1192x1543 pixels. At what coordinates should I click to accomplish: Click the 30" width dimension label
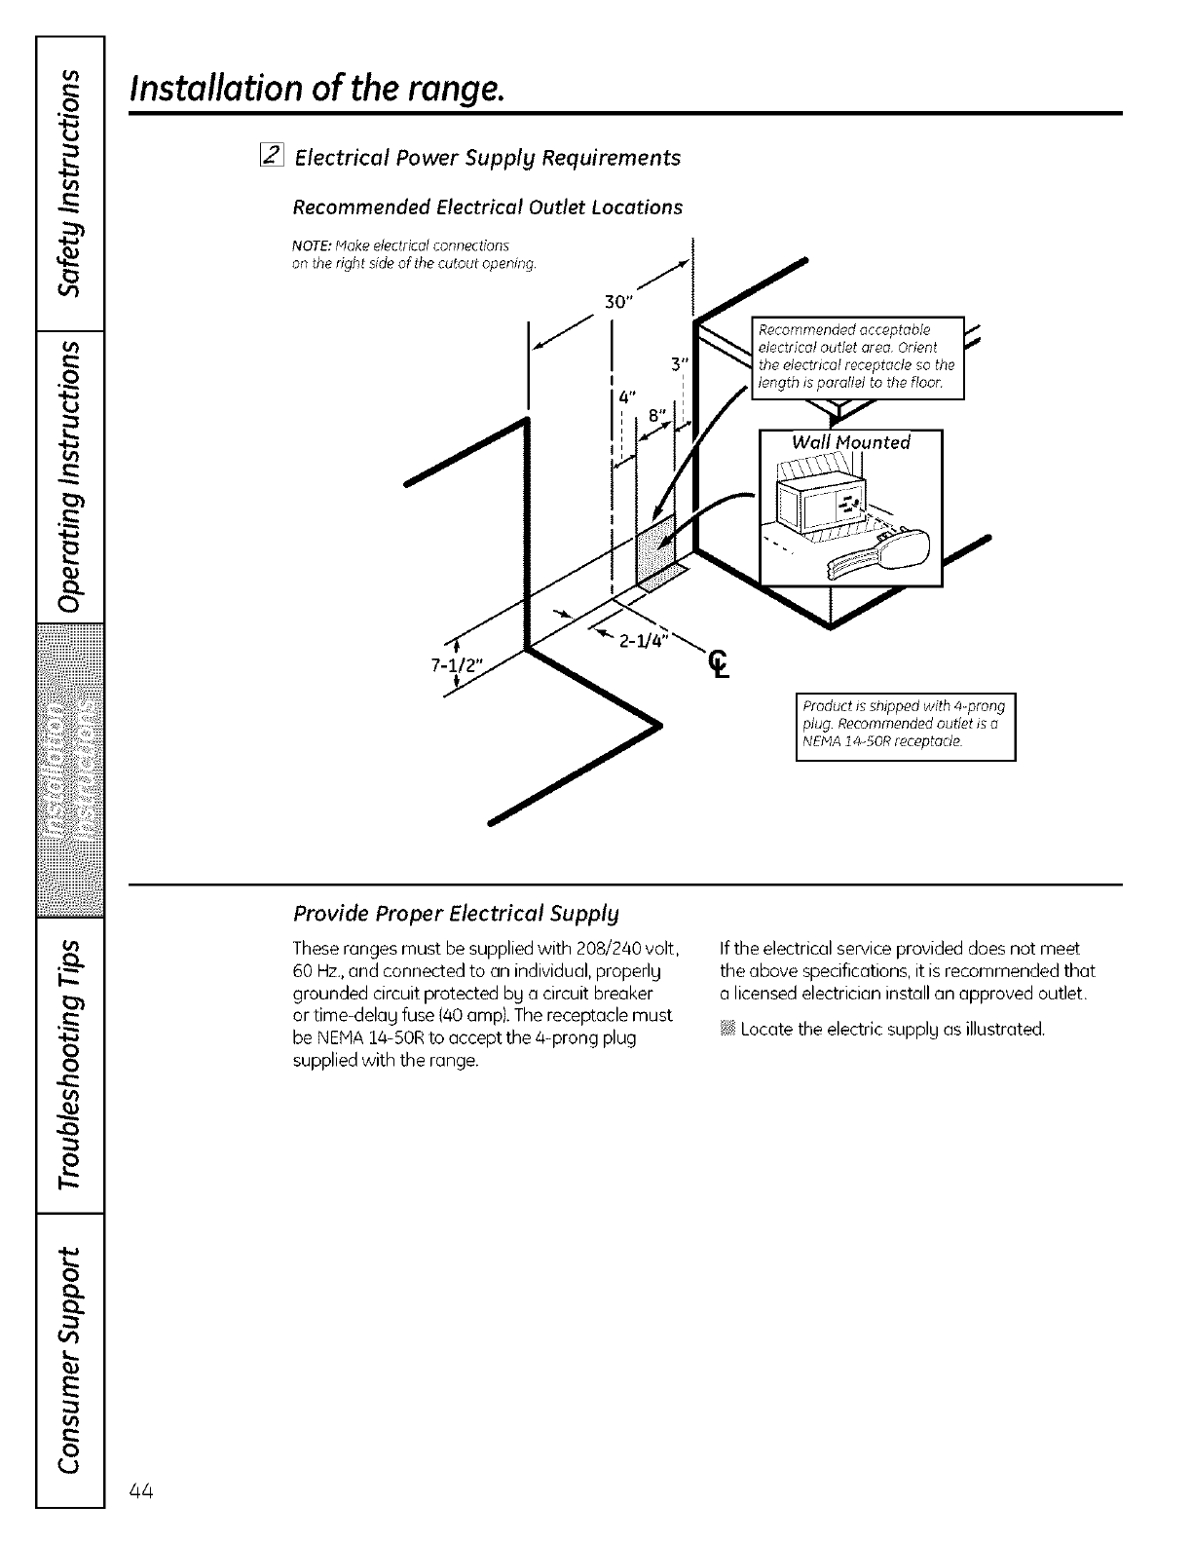(620, 301)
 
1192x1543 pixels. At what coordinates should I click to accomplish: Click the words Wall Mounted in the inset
(850, 443)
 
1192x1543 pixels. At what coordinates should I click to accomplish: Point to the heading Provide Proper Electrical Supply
(456, 914)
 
